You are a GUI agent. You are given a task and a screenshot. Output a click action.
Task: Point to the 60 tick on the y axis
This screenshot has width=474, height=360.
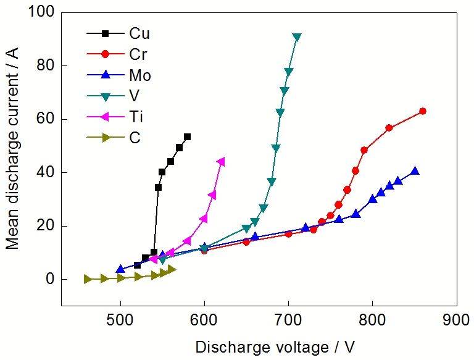46,119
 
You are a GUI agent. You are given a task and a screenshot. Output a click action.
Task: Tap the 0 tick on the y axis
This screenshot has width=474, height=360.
49,279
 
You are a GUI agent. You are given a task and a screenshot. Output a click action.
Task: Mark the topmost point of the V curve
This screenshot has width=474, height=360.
297,37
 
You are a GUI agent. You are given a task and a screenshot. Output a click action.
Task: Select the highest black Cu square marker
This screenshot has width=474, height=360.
188,136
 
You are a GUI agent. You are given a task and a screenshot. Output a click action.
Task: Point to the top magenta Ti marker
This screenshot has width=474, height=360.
221,162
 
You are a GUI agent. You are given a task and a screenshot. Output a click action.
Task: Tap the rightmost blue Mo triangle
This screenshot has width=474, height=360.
415,171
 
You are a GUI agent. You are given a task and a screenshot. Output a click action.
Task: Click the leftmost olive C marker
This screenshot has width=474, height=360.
88,279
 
